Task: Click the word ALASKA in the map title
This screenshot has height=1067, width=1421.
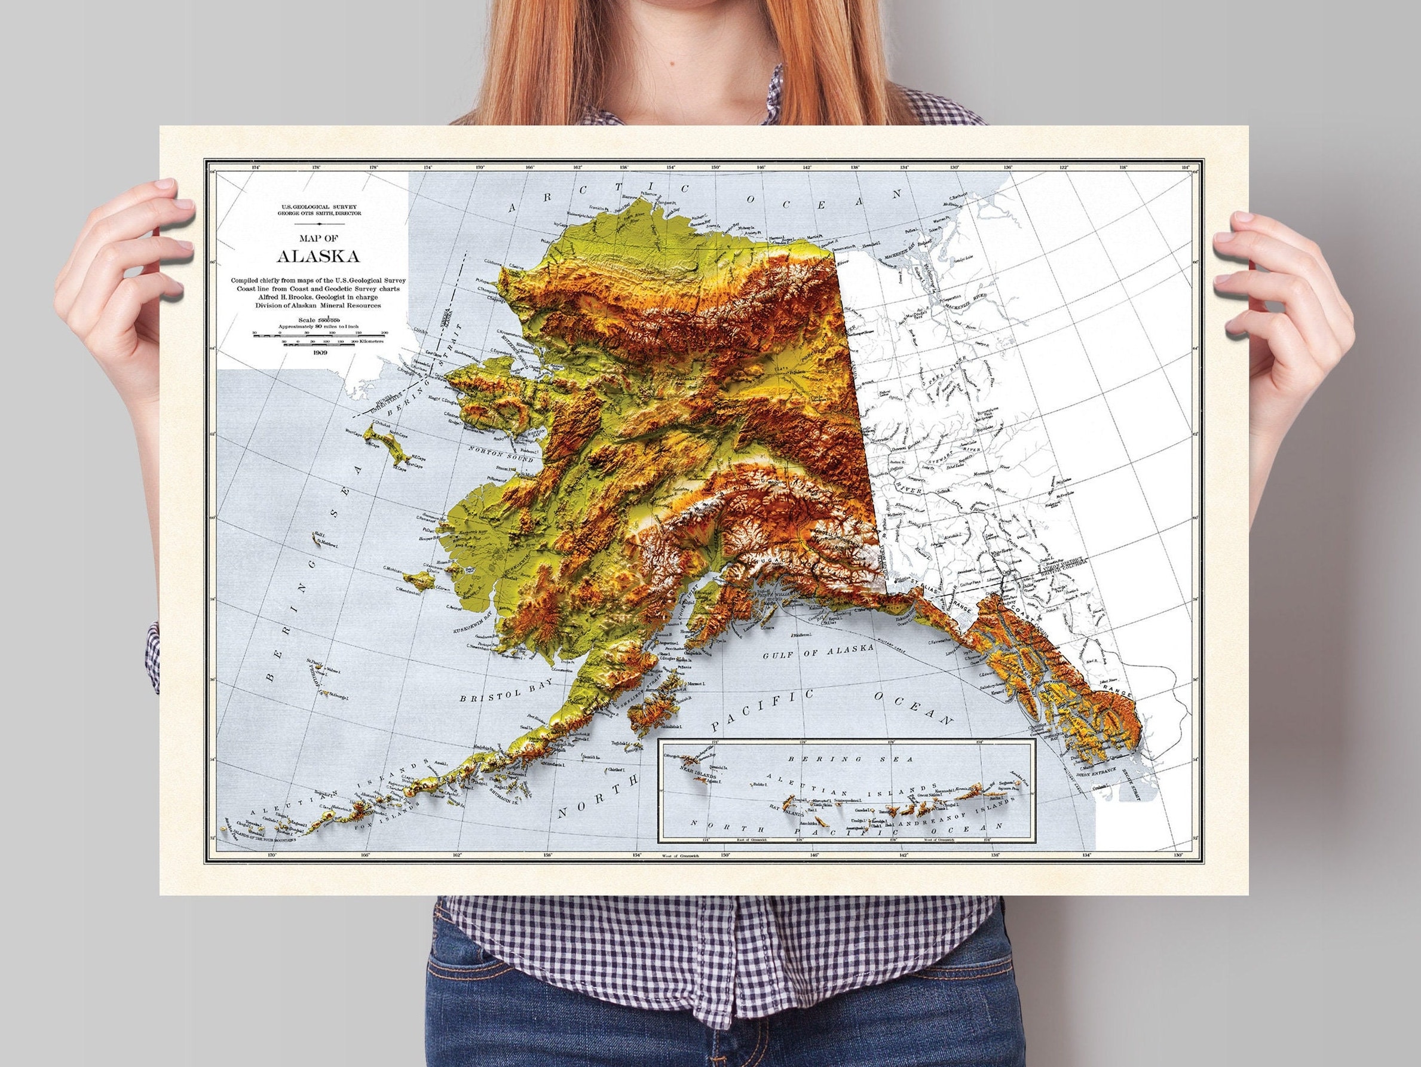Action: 318,256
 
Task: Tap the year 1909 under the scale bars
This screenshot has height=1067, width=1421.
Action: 318,352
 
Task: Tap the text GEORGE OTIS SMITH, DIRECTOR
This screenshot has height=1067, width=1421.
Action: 318,213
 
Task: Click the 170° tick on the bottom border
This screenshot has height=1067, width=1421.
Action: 271,855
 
